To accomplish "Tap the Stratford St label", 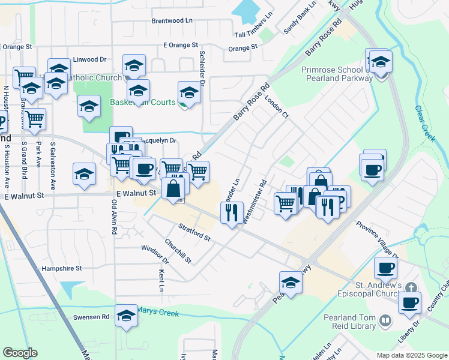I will [194, 232].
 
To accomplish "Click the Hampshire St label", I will [61, 269].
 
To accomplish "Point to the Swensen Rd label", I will [91, 316].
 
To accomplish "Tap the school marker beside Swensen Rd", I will [126, 316].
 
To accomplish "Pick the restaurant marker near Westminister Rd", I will [232, 212].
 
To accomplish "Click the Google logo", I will [20, 353].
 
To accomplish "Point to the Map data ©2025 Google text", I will [411, 355].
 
